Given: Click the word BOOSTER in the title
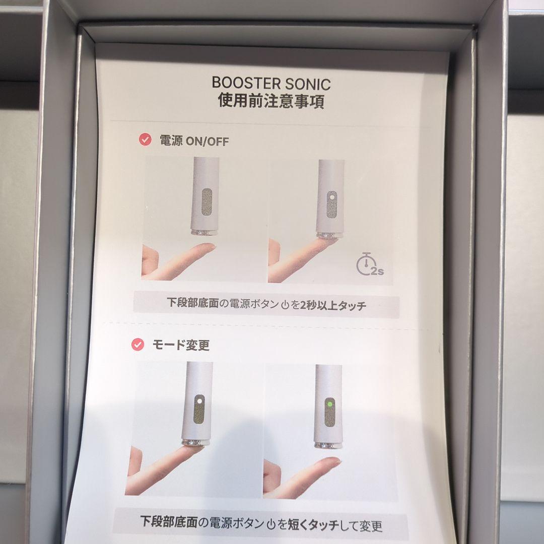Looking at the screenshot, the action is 246,83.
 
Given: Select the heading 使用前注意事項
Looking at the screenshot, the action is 271,101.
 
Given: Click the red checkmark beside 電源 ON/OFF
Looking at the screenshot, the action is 145,140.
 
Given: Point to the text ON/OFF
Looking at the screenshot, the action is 207,142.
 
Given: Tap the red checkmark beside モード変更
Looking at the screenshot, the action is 138,345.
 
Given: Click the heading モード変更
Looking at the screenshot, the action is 181,345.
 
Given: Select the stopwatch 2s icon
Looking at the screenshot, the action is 369,264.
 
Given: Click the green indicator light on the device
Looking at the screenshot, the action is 329,404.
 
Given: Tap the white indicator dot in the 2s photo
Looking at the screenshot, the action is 332,197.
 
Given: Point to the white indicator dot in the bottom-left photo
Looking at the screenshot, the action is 199,401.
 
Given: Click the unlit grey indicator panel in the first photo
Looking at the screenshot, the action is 207,207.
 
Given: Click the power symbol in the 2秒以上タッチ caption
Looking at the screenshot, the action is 285,305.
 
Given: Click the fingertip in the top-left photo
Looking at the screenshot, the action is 208,247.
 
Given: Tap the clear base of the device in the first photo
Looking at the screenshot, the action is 205,232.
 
